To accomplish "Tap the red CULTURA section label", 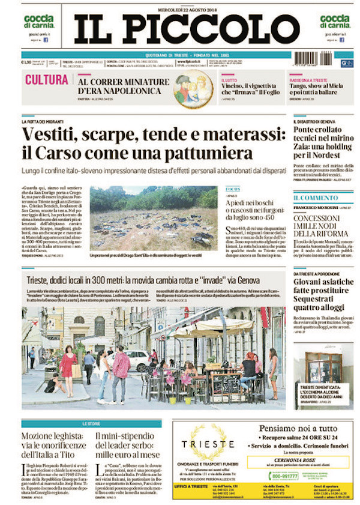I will pos(47,80).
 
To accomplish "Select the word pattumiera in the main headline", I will pos(205,153).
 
